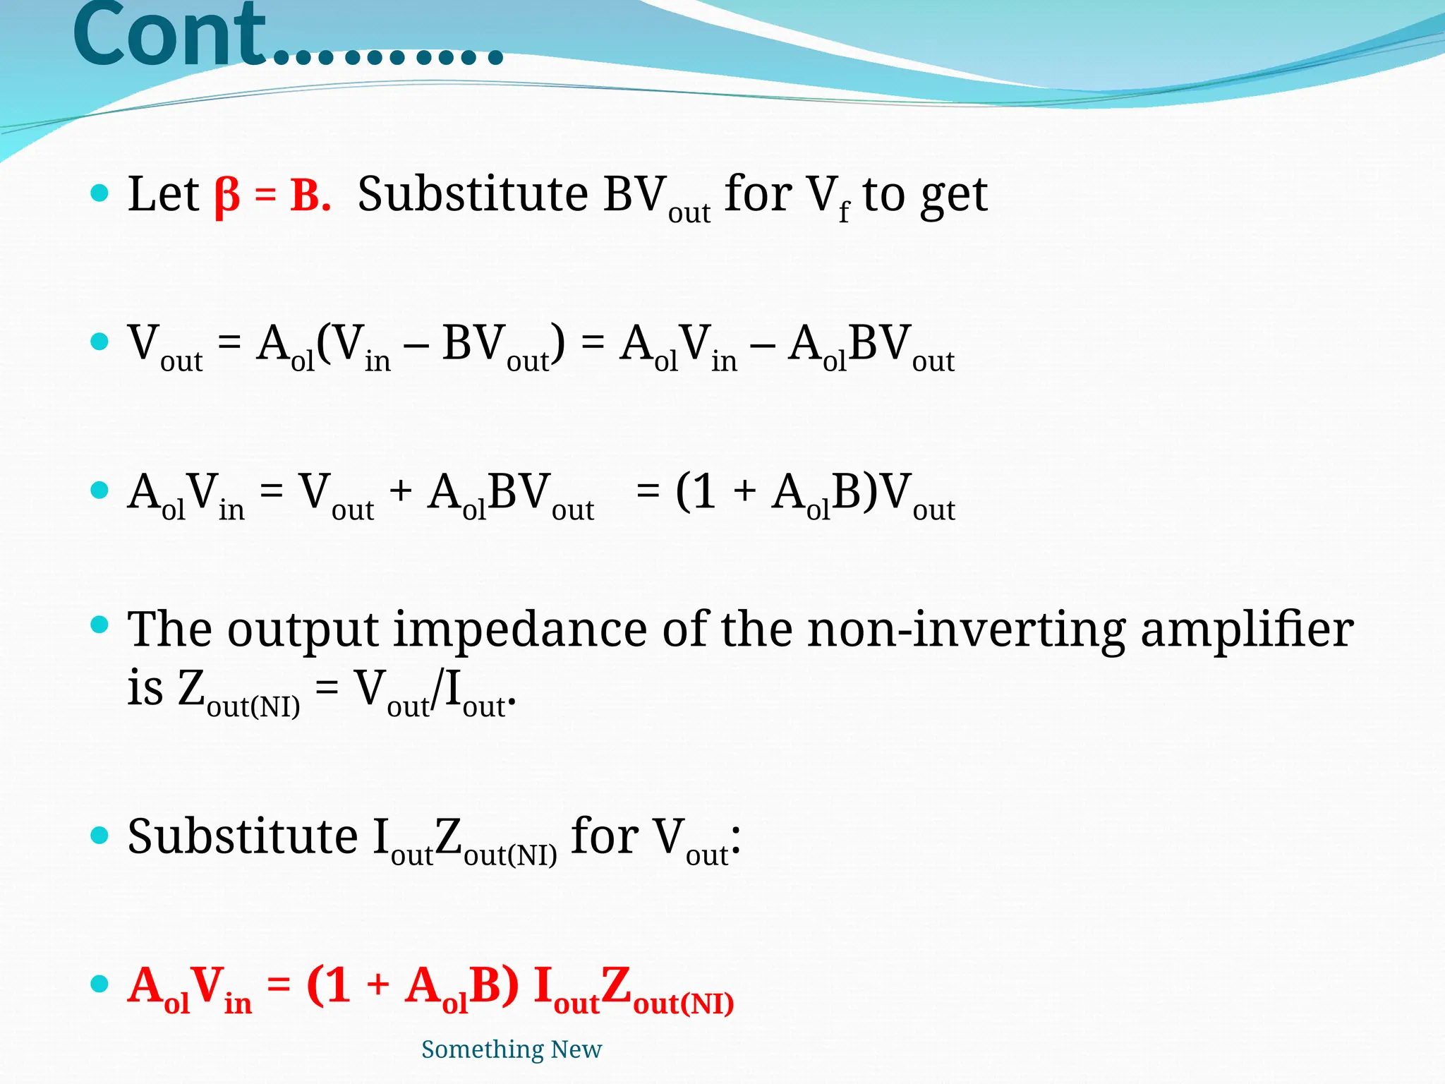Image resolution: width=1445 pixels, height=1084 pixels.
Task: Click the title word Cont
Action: pos(169,35)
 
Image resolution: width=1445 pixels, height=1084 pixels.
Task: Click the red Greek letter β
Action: pos(227,195)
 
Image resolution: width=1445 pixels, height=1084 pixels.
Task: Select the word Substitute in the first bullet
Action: pos(473,194)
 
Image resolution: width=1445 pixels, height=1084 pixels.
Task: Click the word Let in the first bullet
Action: pos(163,194)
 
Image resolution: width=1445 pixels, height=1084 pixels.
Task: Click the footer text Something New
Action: pos(512,1049)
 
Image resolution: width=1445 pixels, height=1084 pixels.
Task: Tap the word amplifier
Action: pos(1247,630)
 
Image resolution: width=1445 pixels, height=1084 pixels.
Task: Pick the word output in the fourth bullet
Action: pos(303,631)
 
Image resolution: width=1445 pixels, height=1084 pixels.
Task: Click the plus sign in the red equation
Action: pos(378,984)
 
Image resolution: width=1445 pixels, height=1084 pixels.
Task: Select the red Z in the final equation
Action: pos(616,985)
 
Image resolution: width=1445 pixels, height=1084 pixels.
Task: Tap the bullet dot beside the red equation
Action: pos(99,984)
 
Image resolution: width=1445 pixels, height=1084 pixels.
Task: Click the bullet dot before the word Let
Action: pos(99,193)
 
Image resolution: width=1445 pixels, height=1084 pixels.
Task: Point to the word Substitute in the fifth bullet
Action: pos(243,836)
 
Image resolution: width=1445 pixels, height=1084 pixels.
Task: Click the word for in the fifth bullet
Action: pos(603,836)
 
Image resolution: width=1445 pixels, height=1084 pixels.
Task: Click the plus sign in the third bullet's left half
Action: pos(400,490)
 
